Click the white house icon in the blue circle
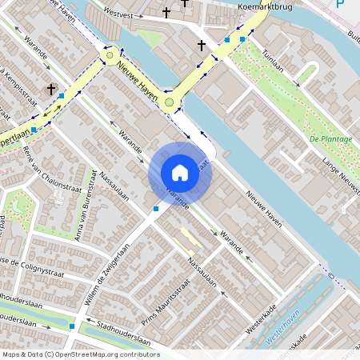tap(180, 173)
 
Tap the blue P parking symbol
tap(341, 6)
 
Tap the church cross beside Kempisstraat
tap(51, 90)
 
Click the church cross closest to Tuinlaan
tap(202, 46)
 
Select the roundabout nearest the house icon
tap(168, 102)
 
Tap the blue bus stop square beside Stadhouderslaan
tap(72, 326)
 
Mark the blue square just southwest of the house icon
tap(155, 209)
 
